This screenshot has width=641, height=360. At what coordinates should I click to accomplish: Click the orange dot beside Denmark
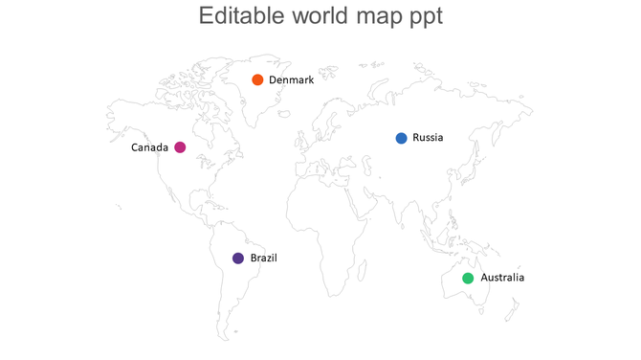pyautogui.click(x=257, y=79)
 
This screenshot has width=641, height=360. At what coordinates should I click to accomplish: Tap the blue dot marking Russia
pyautogui.click(x=402, y=138)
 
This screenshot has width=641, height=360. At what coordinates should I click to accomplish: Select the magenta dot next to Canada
pyautogui.click(x=180, y=147)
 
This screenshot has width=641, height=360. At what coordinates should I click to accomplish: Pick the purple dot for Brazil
pyautogui.click(x=238, y=259)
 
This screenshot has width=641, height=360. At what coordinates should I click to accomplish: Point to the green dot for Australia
pyautogui.click(x=468, y=279)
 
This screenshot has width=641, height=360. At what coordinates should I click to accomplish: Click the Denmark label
pyautogui.click(x=291, y=79)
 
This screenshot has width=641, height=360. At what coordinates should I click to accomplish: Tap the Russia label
pyautogui.click(x=428, y=138)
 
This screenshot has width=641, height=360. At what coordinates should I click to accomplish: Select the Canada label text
pyautogui.click(x=150, y=147)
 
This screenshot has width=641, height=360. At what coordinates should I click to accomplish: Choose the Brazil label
pyautogui.click(x=264, y=259)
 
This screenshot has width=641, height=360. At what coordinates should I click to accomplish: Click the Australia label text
pyautogui.click(x=502, y=279)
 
